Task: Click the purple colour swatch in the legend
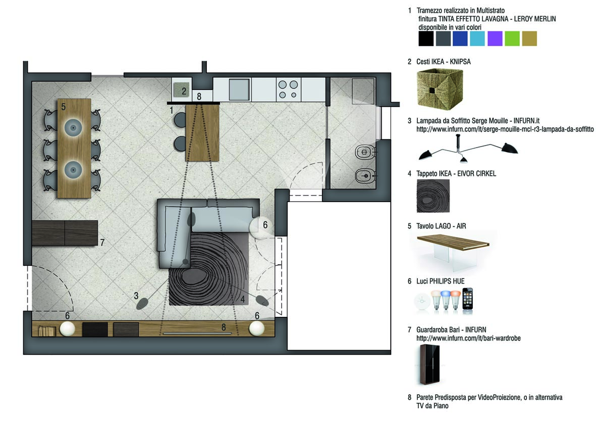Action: [495, 38]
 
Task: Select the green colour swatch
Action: [512, 38]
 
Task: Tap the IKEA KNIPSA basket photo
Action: [440, 89]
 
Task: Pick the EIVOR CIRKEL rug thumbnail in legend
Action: [434, 196]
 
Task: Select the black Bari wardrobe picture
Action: [429, 364]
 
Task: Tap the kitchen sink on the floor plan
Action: [239, 89]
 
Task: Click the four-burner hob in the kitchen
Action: [288, 89]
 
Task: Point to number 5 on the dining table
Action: [64, 107]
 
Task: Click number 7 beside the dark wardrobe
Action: [102, 243]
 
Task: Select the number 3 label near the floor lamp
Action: [136, 296]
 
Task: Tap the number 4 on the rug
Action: [243, 299]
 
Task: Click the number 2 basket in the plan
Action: [182, 90]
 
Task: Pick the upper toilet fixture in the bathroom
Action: [364, 153]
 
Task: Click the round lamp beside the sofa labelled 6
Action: [261, 227]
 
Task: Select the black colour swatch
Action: [426, 38]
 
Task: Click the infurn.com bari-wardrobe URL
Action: [468, 338]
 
